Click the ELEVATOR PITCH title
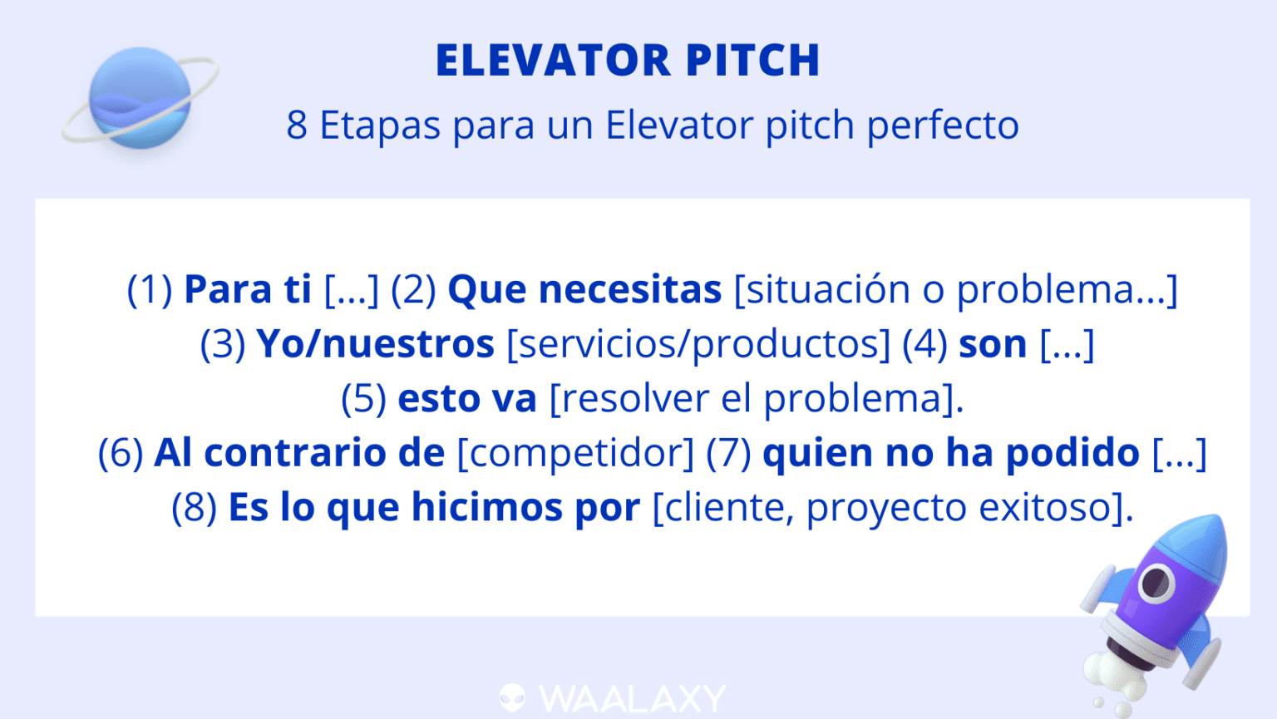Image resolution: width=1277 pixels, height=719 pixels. pos(628,60)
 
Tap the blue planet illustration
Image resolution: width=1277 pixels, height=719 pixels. pos(140,98)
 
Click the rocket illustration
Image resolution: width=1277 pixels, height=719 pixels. pos(1160,607)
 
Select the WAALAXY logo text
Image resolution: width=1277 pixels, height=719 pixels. pos(633,698)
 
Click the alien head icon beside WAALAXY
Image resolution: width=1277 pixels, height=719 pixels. pos(512,698)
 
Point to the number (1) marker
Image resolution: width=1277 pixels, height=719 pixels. pos(150,289)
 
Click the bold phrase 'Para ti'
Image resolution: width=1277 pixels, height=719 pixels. pos(248,289)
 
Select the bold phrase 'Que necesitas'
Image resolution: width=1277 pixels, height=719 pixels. pos(584,289)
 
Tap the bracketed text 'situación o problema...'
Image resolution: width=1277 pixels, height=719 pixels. pos(955,289)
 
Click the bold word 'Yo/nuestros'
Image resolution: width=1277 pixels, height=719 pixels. pos(375,344)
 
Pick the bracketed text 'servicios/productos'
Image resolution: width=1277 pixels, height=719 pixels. pos(698,344)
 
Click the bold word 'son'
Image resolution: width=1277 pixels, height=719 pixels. pos(993,344)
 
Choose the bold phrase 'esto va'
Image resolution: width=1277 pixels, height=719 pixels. pos(467,398)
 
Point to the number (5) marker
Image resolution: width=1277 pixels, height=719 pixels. pos(363,398)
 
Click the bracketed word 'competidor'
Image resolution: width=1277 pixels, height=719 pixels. pos(575,453)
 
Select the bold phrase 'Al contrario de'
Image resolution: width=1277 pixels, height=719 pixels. pos(299,453)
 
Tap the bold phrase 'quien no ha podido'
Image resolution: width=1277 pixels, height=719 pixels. pos(950,453)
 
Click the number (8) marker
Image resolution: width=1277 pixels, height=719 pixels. pos(194,507)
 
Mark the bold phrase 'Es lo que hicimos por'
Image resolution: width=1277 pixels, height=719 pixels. pos(434,507)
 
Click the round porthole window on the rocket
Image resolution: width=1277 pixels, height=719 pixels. pos(1156,582)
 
